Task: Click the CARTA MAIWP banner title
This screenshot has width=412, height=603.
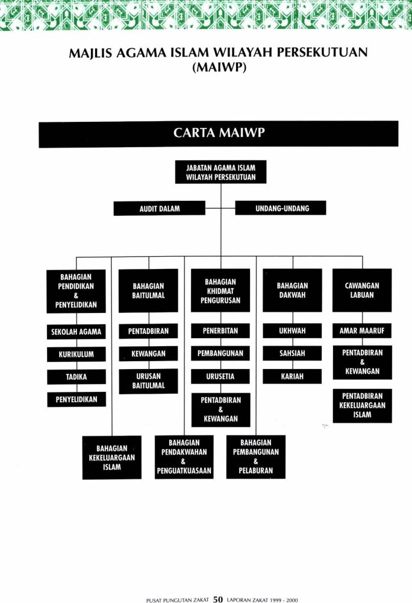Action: (x=219, y=133)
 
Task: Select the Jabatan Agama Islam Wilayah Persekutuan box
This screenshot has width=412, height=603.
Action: (x=221, y=172)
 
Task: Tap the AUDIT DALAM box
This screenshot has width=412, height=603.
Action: (x=160, y=209)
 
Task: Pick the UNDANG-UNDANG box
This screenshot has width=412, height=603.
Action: (x=281, y=208)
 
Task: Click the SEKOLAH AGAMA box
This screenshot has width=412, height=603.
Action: (x=76, y=332)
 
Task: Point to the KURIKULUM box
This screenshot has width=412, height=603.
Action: (x=76, y=354)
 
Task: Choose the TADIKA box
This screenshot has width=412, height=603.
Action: (x=76, y=377)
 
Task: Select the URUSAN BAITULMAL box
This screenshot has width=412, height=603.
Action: (x=148, y=381)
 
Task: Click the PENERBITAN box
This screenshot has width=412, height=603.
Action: (x=220, y=330)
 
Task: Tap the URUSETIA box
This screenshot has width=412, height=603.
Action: (x=220, y=376)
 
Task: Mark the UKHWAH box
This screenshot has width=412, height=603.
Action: (x=292, y=330)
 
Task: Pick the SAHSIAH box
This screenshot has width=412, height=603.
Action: (x=292, y=353)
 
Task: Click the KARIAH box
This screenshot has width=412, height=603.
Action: (x=292, y=376)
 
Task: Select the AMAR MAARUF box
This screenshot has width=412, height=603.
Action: (x=362, y=330)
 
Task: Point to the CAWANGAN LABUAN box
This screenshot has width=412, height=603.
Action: (x=362, y=291)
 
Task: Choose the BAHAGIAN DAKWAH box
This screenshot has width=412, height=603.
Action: (x=292, y=291)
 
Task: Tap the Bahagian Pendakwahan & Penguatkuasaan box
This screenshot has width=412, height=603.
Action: (x=184, y=457)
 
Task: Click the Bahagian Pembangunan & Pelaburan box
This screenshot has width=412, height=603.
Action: (x=256, y=457)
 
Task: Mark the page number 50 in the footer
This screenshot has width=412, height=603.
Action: (x=217, y=599)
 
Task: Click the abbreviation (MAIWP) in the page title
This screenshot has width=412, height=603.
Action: (x=219, y=68)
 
